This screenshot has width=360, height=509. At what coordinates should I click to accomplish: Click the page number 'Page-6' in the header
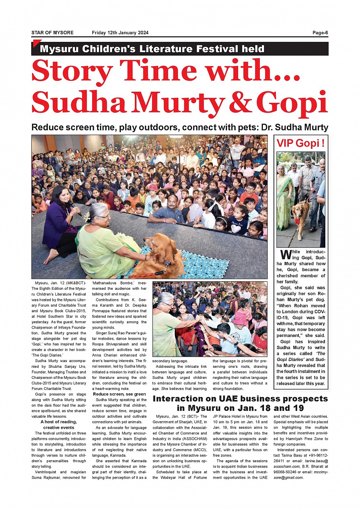(x=320, y=33)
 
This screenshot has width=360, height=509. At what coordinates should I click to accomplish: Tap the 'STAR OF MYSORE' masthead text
(x=53, y=33)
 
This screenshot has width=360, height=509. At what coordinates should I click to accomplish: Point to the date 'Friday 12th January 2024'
(x=120, y=33)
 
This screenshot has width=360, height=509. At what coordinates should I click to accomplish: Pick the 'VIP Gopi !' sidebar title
(x=301, y=144)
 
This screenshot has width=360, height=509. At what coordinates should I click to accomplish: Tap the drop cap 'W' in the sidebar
(x=286, y=254)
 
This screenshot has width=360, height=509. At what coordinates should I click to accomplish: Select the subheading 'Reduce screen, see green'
(x=119, y=394)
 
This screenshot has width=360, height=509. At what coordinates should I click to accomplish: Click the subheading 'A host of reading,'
(x=59, y=422)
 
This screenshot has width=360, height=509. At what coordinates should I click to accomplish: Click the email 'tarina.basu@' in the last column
(x=316, y=461)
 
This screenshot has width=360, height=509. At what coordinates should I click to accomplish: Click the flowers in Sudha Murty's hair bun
(x=87, y=217)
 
